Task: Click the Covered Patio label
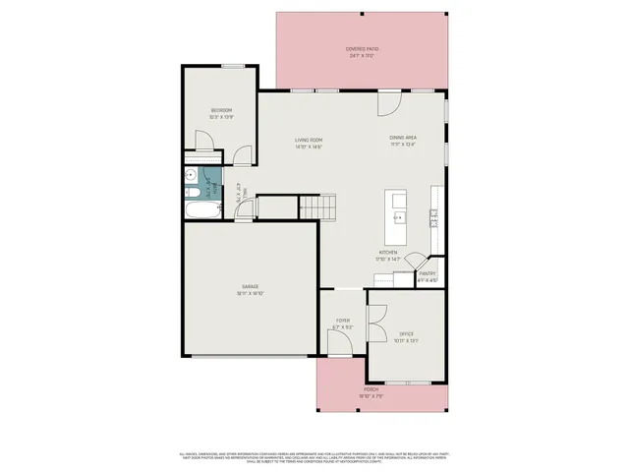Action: click(362, 50)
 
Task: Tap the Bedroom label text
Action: click(220, 113)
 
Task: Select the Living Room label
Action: click(309, 143)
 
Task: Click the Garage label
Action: click(251, 289)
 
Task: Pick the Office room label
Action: click(407, 338)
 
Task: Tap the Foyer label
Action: click(343, 323)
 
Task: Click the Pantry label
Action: click(428, 277)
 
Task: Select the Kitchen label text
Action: click(388, 255)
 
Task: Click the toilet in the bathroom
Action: click(190, 177)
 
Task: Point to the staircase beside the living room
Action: click(317, 207)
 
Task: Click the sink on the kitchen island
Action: click(400, 215)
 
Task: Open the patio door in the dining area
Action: click(389, 100)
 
